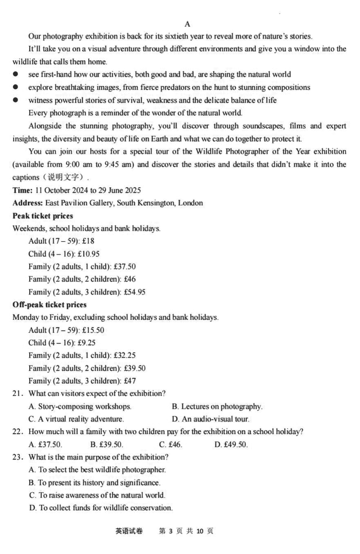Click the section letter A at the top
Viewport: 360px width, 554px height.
(x=187, y=24)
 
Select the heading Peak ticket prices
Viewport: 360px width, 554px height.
(x=43, y=216)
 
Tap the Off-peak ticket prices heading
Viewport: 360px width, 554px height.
(x=49, y=305)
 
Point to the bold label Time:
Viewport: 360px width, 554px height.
(x=22, y=191)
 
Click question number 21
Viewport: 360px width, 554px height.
(x=18, y=393)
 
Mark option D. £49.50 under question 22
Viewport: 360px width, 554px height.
(x=231, y=445)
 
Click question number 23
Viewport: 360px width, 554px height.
(x=18, y=457)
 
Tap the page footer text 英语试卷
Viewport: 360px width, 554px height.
(x=129, y=531)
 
